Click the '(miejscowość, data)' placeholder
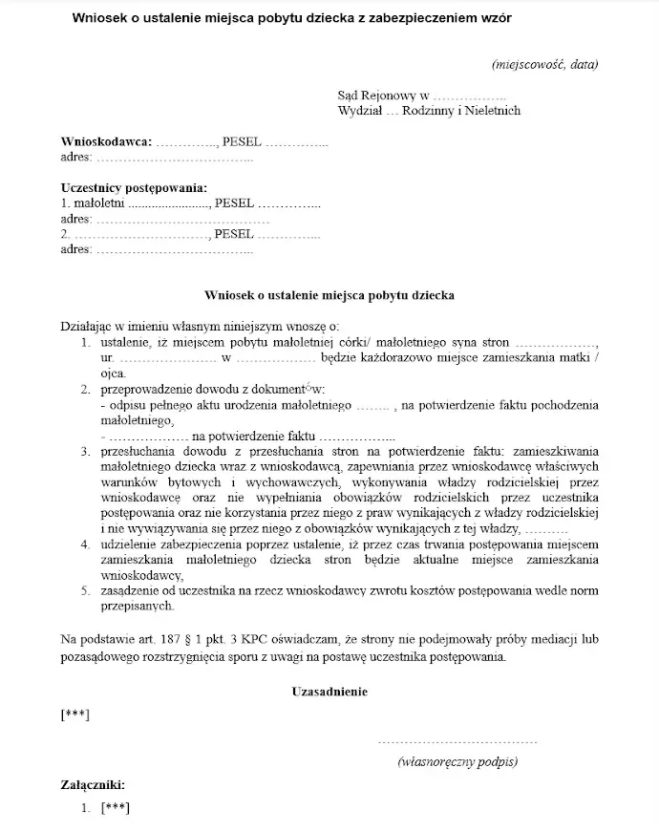tap(544, 65)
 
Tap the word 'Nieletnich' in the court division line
tap(490, 111)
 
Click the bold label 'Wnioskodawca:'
tap(106, 141)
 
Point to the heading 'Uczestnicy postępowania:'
tap(133, 187)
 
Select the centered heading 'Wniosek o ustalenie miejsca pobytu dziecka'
tap(329, 295)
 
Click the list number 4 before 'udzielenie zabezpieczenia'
tap(84, 543)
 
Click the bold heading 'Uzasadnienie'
tap(329, 691)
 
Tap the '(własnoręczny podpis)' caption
tap(457, 761)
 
